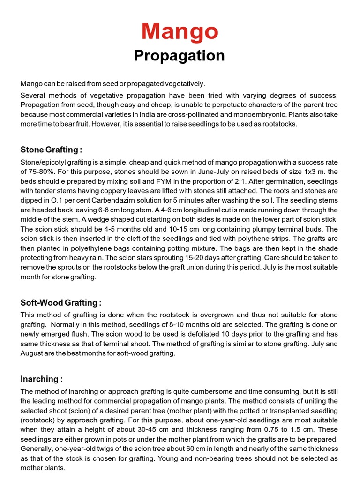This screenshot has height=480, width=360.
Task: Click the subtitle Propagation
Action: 180,56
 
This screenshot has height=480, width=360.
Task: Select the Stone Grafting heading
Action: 51,150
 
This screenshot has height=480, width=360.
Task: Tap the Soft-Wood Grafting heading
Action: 61,302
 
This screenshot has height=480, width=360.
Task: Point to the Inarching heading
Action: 41,379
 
